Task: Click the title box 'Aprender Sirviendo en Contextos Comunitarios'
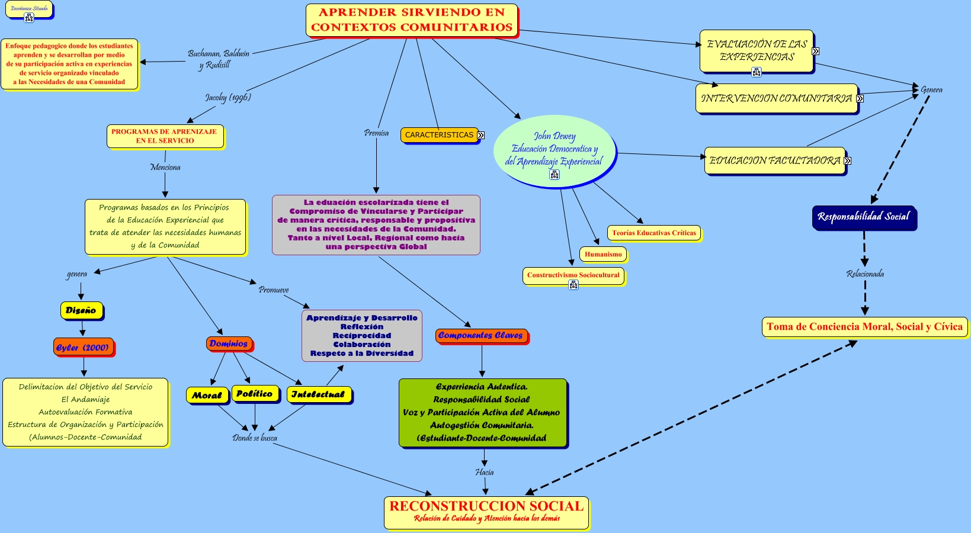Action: [x=412, y=20]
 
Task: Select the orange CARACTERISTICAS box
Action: [x=439, y=135]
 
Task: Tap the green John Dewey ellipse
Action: [x=554, y=150]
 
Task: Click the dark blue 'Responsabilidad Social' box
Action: [x=863, y=217]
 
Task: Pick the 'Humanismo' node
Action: [x=603, y=255]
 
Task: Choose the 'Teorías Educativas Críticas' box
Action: [x=653, y=233]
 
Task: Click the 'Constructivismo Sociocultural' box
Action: [x=573, y=275]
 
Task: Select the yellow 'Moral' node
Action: [x=207, y=396]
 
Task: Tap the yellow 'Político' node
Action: [x=254, y=394]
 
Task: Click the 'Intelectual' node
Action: [x=318, y=394]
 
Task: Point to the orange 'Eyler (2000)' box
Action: [x=83, y=348]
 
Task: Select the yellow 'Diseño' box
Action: [x=81, y=310]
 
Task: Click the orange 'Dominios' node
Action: [x=229, y=343]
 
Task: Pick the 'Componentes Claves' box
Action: [x=480, y=336]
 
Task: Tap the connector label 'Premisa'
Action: [x=376, y=133]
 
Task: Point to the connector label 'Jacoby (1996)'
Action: [x=228, y=97]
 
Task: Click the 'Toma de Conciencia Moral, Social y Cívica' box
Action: [x=864, y=327]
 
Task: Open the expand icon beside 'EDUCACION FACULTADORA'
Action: [x=848, y=160]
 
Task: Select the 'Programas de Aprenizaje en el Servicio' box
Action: [x=165, y=136]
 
